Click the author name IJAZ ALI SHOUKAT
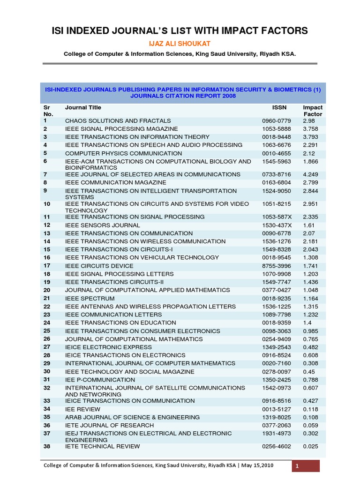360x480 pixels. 180,43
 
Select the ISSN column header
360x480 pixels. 279,108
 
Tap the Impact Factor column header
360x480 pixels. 313,111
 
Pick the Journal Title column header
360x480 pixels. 83,108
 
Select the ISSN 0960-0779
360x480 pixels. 277,120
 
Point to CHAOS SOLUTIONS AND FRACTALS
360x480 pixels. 111,120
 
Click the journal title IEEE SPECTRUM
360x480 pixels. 90,298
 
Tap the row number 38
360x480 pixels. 47,446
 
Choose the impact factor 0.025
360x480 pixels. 311,446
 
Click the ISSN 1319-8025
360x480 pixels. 277,417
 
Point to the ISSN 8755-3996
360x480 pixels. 277,266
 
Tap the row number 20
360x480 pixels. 47,290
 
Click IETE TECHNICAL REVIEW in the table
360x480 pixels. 102,446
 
